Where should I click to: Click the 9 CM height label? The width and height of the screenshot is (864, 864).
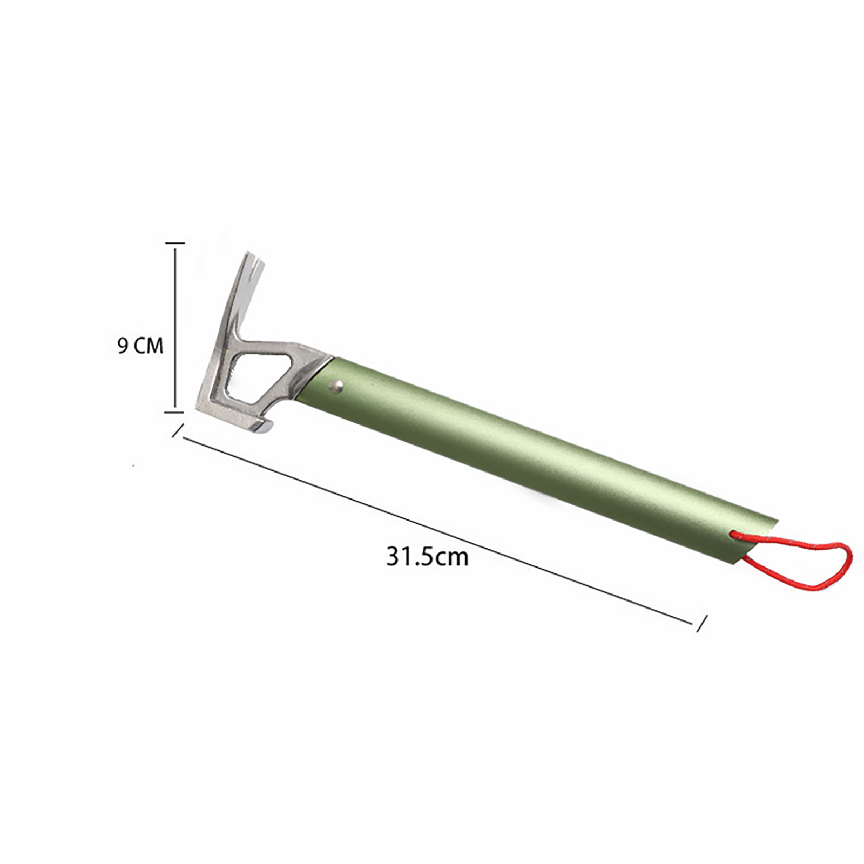140,346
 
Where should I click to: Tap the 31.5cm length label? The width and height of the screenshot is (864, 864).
427,557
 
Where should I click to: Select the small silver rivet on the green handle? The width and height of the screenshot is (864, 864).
337,386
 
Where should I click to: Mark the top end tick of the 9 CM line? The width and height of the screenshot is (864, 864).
175,244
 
